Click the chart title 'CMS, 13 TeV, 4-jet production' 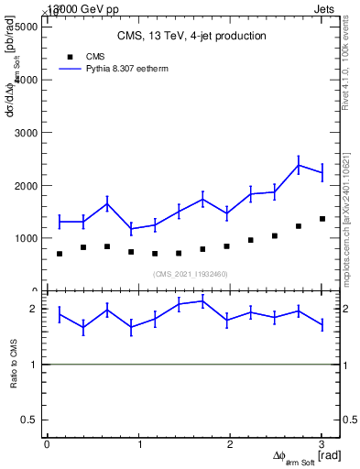[x=191, y=37]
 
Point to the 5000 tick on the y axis [x=24, y=27]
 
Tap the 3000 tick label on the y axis [x=24, y=133]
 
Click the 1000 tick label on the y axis [x=24, y=238]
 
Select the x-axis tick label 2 [x=230, y=445]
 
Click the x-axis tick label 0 [x=47, y=445]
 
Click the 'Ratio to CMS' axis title [x=14, y=364]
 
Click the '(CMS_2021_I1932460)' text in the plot [x=191, y=274]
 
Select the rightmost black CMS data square [x=322, y=219]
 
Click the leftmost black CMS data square [x=60, y=254]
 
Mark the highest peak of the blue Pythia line [x=299, y=165]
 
